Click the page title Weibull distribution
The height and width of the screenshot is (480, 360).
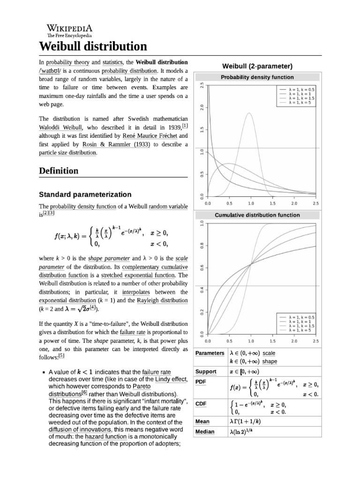[x=92, y=46]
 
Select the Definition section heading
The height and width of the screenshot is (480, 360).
[x=59, y=171]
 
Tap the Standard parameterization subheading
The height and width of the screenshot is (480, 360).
[x=85, y=194]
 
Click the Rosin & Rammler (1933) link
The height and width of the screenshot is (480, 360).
[x=116, y=144]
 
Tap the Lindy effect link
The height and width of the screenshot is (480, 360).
[x=171, y=379]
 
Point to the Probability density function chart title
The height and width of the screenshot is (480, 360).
[x=257, y=77]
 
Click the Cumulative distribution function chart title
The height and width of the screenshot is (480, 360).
[x=257, y=215]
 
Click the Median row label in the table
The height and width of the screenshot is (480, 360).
[x=204, y=432]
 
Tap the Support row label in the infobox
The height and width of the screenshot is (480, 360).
[x=206, y=372]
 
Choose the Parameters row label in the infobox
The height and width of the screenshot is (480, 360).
[x=210, y=352]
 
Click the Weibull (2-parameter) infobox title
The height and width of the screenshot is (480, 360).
[x=257, y=65]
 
